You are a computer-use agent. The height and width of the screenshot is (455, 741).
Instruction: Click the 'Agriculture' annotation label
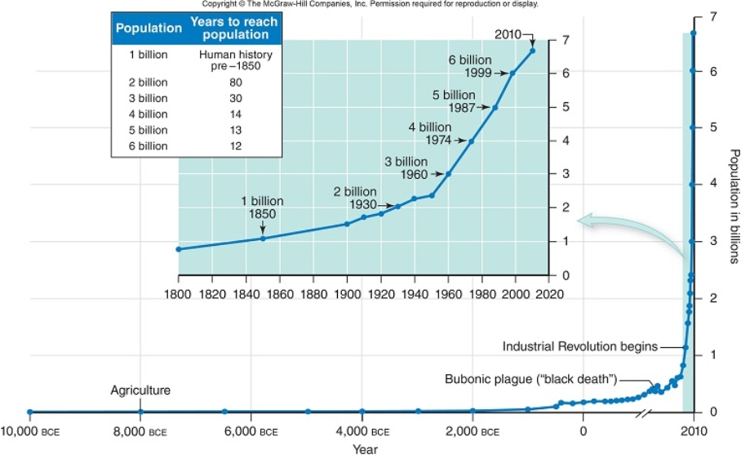coord(140,390)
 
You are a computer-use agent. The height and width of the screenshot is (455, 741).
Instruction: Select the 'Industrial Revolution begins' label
coord(579,346)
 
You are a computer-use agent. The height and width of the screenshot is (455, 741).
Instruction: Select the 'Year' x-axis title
coord(365,448)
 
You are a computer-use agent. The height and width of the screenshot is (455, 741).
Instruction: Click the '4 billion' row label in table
coord(148,114)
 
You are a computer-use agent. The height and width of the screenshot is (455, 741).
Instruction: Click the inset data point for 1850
coord(263,238)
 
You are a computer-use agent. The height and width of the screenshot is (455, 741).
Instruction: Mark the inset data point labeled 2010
coord(532,51)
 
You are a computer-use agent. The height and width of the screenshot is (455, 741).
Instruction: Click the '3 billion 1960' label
coord(406,167)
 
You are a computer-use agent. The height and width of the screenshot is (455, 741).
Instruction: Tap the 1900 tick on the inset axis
coord(347,293)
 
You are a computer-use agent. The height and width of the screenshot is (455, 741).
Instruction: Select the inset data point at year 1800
coord(179,249)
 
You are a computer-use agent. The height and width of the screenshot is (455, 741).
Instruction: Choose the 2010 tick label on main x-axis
coord(693,430)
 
